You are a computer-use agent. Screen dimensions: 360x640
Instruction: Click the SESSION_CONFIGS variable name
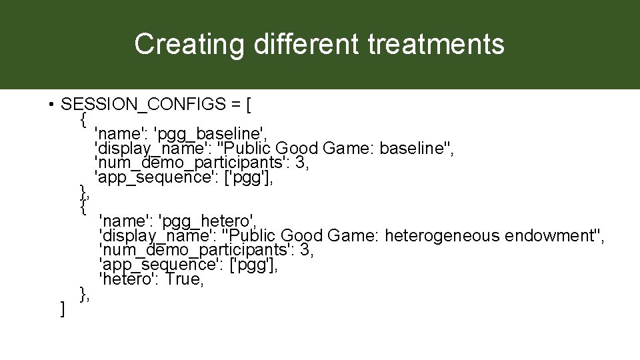[x=145, y=105]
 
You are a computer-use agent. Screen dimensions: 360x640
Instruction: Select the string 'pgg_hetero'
[x=207, y=222]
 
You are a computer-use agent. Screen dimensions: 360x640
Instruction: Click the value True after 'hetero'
[x=184, y=280]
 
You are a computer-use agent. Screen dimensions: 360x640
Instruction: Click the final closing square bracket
[x=62, y=309]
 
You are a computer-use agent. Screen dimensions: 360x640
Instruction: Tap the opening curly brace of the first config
[x=83, y=120]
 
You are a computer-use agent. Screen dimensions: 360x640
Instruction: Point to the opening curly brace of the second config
[x=83, y=207]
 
